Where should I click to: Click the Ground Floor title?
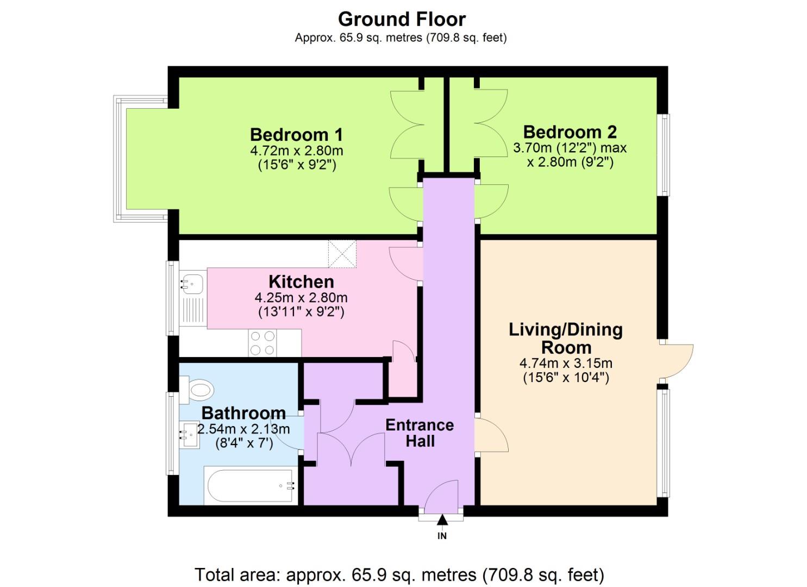click(402, 19)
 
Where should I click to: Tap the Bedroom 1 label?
click(296, 134)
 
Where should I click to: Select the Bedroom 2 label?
click(570, 132)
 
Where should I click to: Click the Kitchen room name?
click(301, 282)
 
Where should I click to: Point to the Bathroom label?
click(243, 413)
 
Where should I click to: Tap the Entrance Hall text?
click(420, 433)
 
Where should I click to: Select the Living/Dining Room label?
click(566, 338)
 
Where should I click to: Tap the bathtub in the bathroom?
click(250, 485)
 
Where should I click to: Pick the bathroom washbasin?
click(190, 434)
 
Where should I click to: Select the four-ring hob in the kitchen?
click(262, 343)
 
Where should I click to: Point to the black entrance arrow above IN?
click(442, 520)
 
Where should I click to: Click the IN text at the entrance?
click(442, 536)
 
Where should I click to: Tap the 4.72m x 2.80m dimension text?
click(296, 151)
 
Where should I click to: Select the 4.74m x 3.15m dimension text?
click(566, 363)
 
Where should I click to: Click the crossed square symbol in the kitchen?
click(342, 254)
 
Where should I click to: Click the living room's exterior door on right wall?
click(677, 361)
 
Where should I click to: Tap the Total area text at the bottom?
click(399, 574)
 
